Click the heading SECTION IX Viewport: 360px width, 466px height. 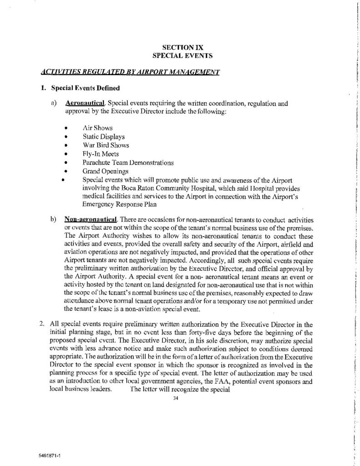pyautogui.click(x=181, y=47)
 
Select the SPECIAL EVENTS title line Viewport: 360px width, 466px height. pyautogui.click(x=181, y=55)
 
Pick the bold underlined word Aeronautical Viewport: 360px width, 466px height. pyautogui.click(x=86, y=103)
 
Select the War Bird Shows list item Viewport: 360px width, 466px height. pyautogui.click(x=106, y=146)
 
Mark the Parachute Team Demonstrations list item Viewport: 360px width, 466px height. pyautogui.click(x=128, y=162)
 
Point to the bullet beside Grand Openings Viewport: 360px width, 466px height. pyautogui.click(x=67, y=172)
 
